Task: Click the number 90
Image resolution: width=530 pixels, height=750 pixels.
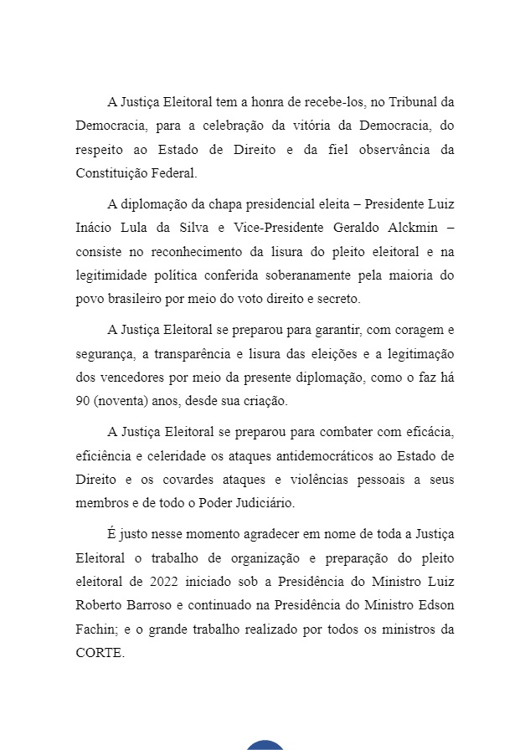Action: [82, 401]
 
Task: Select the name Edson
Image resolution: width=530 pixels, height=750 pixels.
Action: [435, 605]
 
